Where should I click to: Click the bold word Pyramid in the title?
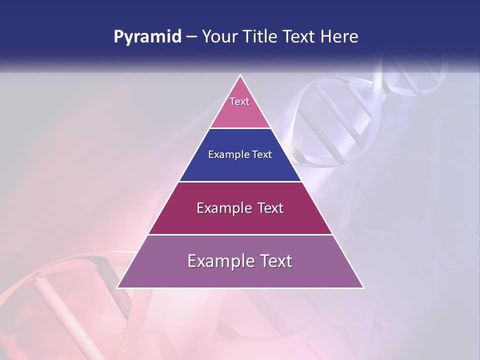click(x=147, y=37)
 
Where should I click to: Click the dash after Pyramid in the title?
click(x=191, y=37)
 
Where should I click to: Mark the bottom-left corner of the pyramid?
click(x=117, y=287)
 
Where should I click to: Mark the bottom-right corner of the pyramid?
click(x=363, y=287)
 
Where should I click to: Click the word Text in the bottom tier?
click(x=273, y=261)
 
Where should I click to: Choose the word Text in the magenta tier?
click(x=269, y=208)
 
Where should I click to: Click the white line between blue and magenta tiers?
click(x=240, y=181)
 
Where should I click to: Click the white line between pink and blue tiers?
click(x=240, y=128)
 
